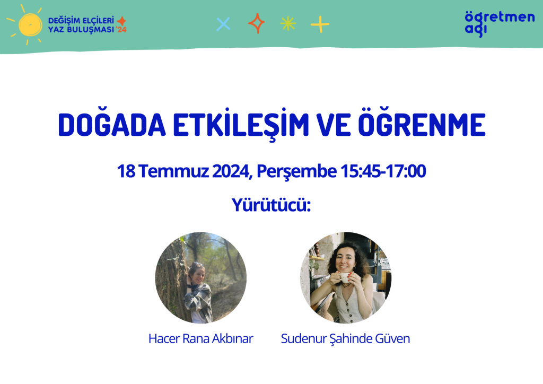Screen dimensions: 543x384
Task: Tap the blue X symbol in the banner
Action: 223,24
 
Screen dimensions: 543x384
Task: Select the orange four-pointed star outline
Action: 256,23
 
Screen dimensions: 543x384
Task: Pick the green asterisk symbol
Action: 288,24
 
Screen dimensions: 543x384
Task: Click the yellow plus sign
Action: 320,24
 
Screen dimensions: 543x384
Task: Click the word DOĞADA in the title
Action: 112,125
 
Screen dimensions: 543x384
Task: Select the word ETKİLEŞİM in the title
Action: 241,124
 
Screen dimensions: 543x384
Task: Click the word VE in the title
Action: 333,125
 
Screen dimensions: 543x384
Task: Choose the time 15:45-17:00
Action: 383,171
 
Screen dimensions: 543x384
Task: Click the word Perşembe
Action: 296,171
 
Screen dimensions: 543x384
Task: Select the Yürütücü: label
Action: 271,205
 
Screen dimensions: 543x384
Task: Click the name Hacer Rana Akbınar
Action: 201,338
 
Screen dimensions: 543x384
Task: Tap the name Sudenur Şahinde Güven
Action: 345,338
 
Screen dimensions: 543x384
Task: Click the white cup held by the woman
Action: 344,277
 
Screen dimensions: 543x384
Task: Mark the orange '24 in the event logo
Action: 121,30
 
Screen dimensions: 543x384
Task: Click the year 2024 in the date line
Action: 231,171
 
